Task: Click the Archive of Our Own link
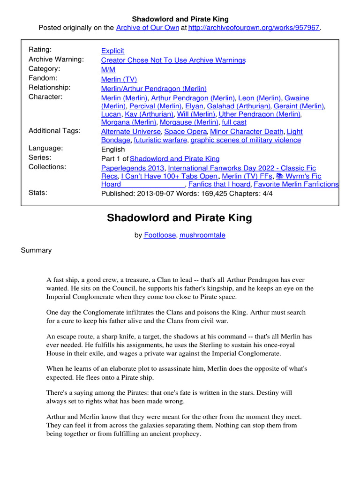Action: pyautogui.click(x=147, y=28)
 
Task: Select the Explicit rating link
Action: pyautogui.click(x=112, y=51)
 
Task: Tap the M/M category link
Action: pyautogui.click(x=108, y=69)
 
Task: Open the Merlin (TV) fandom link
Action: pyautogui.click(x=119, y=79)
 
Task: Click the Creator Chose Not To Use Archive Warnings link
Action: pyautogui.click(x=173, y=60)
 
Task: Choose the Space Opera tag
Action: pyautogui.click(x=186, y=132)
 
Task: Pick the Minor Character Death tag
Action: pyautogui.click(x=247, y=132)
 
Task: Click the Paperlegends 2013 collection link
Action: pyautogui.click(x=133, y=168)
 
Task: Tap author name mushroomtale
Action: pyautogui.click(x=202, y=235)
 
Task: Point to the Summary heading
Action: pyautogui.click(x=36, y=250)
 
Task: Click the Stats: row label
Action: pyautogui.click(x=38, y=193)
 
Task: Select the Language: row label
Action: pyautogui.click(x=46, y=148)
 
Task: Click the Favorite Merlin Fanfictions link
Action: pyautogui.click(x=296, y=184)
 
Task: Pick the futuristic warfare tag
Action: pyautogui.click(x=161, y=140)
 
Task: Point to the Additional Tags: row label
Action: pyautogui.click(x=54, y=131)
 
